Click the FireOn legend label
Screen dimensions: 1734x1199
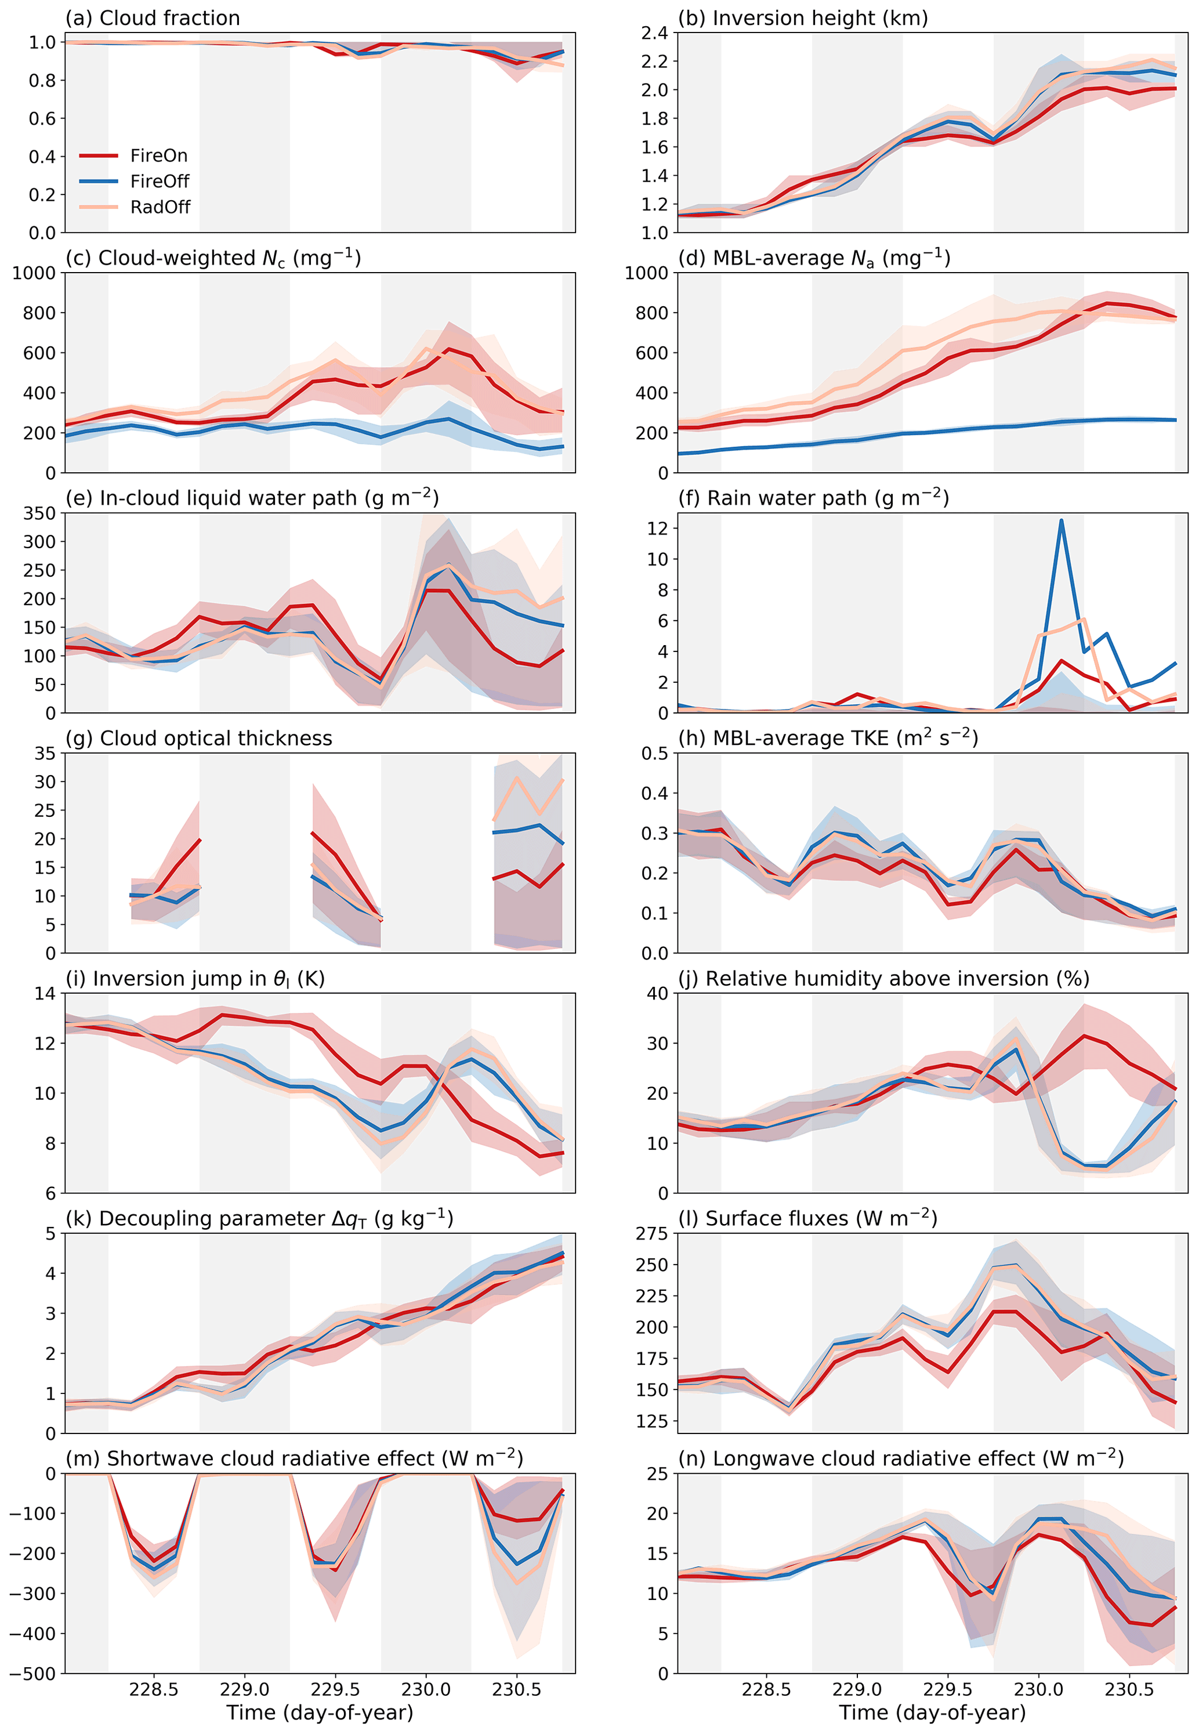(x=158, y=155)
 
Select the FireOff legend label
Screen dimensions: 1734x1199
(x=160, y=181)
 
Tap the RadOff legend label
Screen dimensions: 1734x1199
(x=160, y=207)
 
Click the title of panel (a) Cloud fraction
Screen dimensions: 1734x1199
(x=153, y=18)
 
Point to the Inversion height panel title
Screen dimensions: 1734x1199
(x=802, y=18)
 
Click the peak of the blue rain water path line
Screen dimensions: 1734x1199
(x=1061, y=520)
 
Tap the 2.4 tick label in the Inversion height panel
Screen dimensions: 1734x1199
(x=654, y=32)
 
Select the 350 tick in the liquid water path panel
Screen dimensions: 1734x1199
(x=39, y=513)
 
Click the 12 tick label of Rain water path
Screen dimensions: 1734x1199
(x=657, y=528)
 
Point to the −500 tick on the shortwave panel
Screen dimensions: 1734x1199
(x=33, y=1673)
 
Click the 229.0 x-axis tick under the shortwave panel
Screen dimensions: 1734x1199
(x=244, y=1690)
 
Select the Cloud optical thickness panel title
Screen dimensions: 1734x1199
(x=198, y=739)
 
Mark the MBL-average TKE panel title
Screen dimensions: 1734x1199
(x=828, y=738)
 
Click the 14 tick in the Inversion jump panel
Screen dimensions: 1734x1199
(x=45, y=993)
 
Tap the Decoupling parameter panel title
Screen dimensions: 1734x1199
(x=259, y=1218)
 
